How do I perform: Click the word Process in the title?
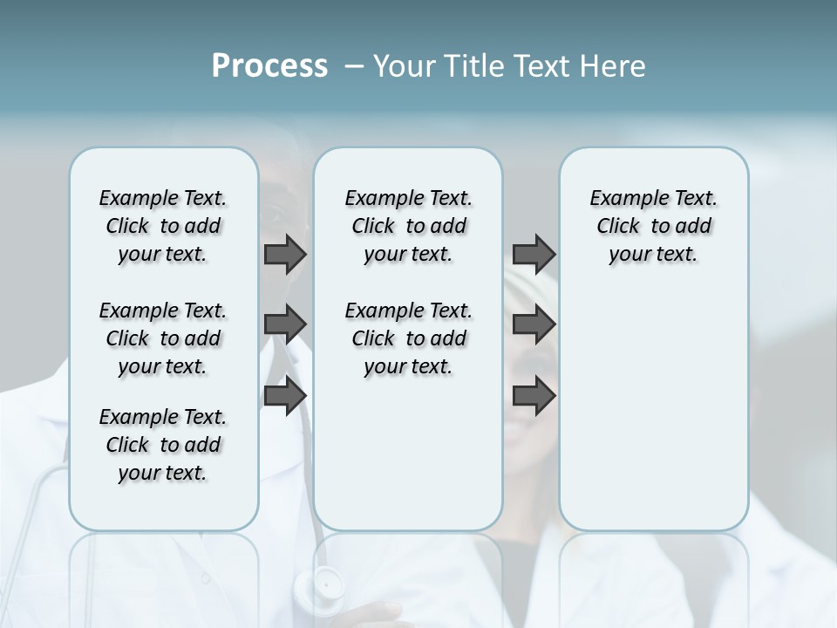click(269, 66)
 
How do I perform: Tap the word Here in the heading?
click(615, 66)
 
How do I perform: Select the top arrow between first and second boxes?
click(285, 254)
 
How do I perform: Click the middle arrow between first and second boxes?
click(285, 324)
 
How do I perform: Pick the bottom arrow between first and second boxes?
click(285, 396)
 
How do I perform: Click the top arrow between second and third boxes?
click(534, 254)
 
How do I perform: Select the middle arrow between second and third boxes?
click(534, 324)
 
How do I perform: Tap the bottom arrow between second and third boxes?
click(534, 396)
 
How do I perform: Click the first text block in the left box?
click(163, 226)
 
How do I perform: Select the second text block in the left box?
click(163, 338)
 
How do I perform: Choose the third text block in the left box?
click(163, 445)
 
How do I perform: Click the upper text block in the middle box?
click(408, 226)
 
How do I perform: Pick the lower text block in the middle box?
click(408, 338)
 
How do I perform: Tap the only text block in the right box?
click(653, 226)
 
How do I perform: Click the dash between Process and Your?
click(355, 67)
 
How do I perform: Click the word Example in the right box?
click(622, 199)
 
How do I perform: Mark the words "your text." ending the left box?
click(163, 473)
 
